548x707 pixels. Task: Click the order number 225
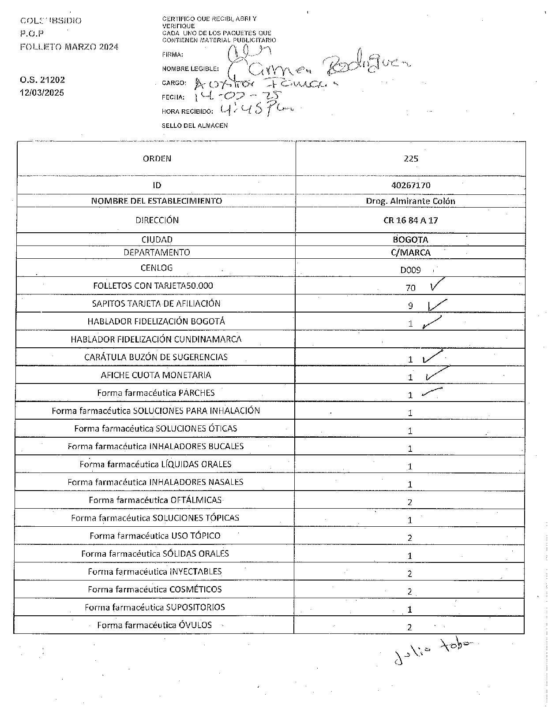click(x=411, y=159)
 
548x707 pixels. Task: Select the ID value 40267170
click(x=411, y=186)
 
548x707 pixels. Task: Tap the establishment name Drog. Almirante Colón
click(x=410, y=201)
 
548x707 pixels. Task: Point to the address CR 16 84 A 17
click(x=410, y=220)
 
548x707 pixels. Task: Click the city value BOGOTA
click(x=410, y=240)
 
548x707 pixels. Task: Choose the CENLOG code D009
click(x=410, y=270)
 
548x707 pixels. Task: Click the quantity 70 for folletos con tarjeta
click(x=410, y=288)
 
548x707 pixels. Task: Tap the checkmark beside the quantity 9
click(x=437, y=305)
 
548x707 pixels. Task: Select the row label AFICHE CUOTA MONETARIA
click(x=156, y=375)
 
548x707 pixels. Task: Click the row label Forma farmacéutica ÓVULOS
click(x=154, y=625)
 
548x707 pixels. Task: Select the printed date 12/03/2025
click(x=42, y=93)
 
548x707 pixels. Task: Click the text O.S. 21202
click(x=42, y=80)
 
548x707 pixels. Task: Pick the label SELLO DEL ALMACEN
click(x=195, y=126)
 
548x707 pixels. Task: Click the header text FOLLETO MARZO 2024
click(x=69, y=47)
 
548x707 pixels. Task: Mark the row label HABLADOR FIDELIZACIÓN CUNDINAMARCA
click(x=156, y=339)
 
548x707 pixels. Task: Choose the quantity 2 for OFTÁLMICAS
click(x=410, y=502)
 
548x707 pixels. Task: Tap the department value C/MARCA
click(x=410, y=253)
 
